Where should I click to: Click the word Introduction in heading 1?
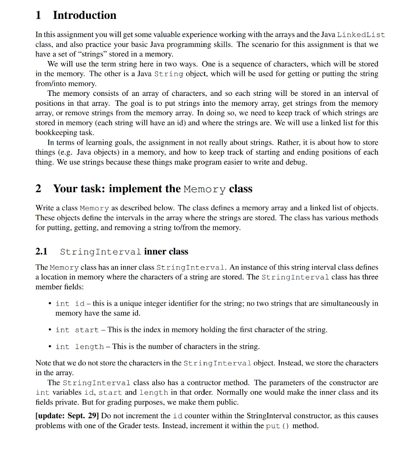pos(84,15)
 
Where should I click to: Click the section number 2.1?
pos(42,252)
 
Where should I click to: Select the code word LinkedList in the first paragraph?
pos(361,35)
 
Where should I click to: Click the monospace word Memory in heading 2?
pos(205,189)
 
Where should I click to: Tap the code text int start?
pos(77,330)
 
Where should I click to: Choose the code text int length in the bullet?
pos(80,347)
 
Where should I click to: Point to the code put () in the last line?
pos(278,425)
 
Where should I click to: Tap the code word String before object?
pos(168,74)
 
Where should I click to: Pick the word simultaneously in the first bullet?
pos(333,303)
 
